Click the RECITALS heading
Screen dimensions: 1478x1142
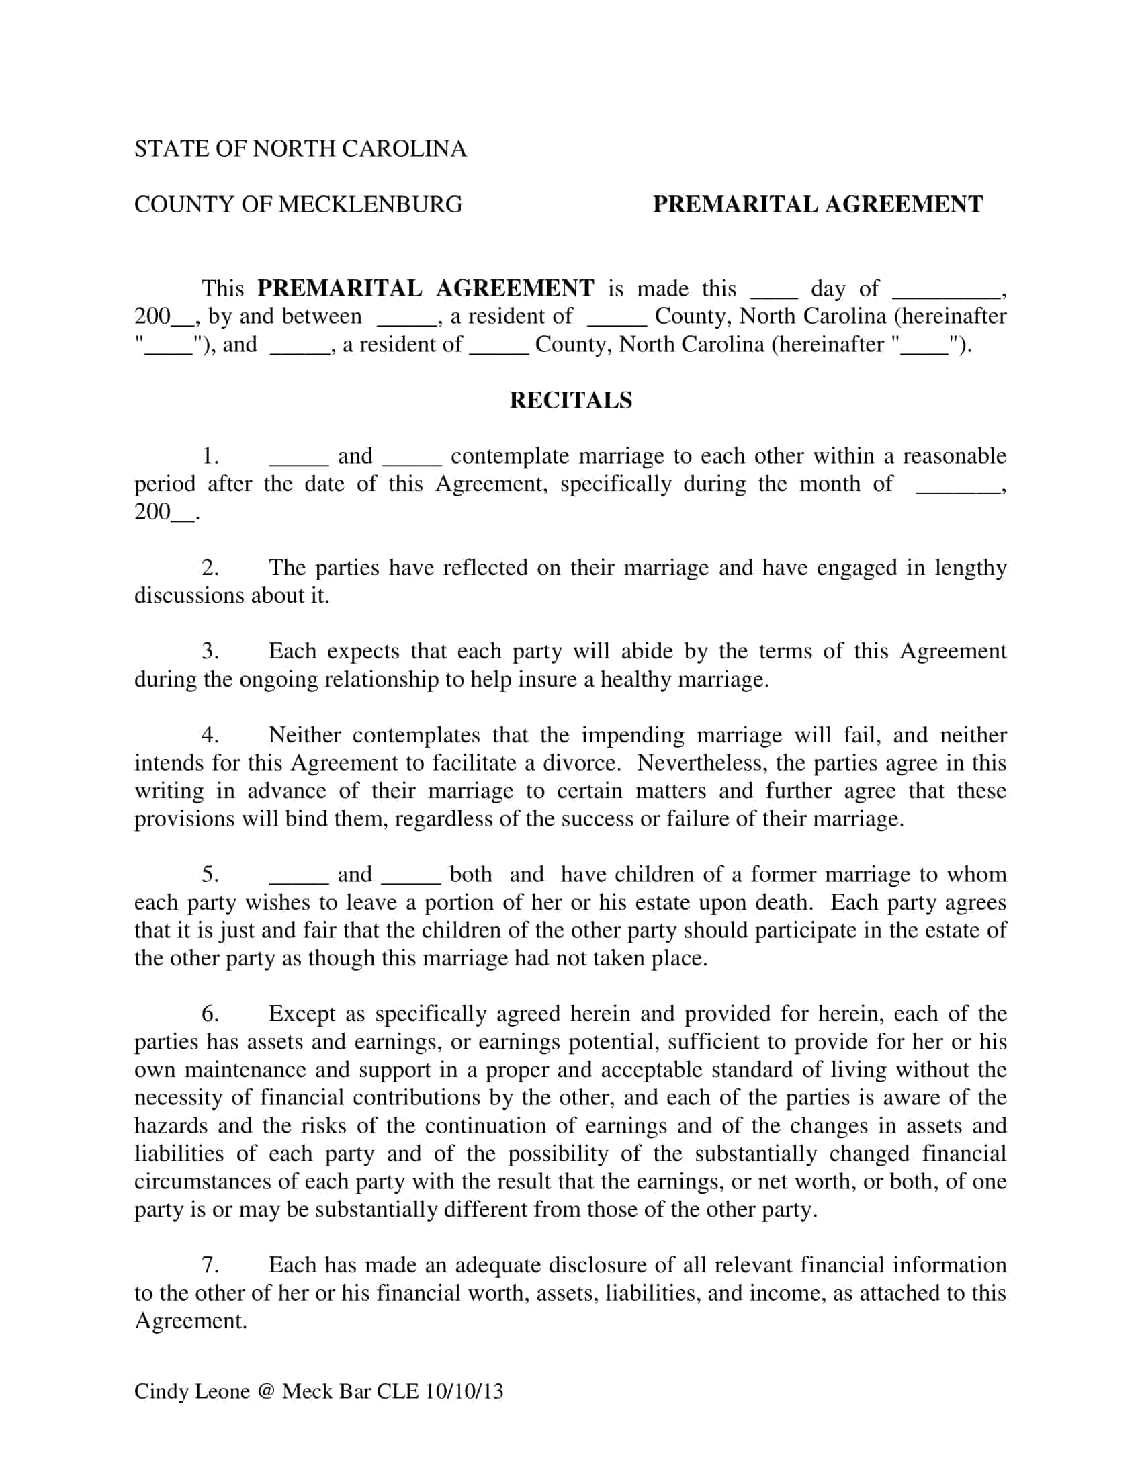(x=570, y=400)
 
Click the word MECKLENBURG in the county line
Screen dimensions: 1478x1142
(x=370, y=204)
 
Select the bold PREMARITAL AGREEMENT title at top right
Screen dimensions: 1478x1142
(x=818, y=204)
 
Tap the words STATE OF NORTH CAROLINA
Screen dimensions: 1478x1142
(x=300, y=149)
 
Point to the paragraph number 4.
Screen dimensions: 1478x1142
(x=210, y=735)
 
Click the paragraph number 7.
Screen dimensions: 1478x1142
(x=210, y=1265)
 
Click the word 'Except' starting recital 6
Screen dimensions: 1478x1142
(x=302, y=1014)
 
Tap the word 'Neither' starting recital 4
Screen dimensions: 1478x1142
(x=306, y=735)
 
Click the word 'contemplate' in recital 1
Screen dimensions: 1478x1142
(x=509, y=457)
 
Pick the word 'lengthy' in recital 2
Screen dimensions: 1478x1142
(x=971, y=568)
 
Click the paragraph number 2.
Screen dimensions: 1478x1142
(x=210, y=568)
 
